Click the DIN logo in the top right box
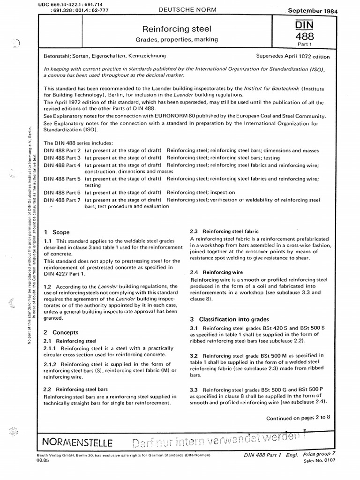303,25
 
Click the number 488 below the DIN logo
303,37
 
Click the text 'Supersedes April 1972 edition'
293,56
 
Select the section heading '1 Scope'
56,232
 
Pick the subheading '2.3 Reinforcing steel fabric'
224,232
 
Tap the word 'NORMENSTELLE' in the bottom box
77,442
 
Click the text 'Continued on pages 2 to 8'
298,418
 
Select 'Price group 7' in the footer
319,455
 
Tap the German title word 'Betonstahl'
57,57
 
